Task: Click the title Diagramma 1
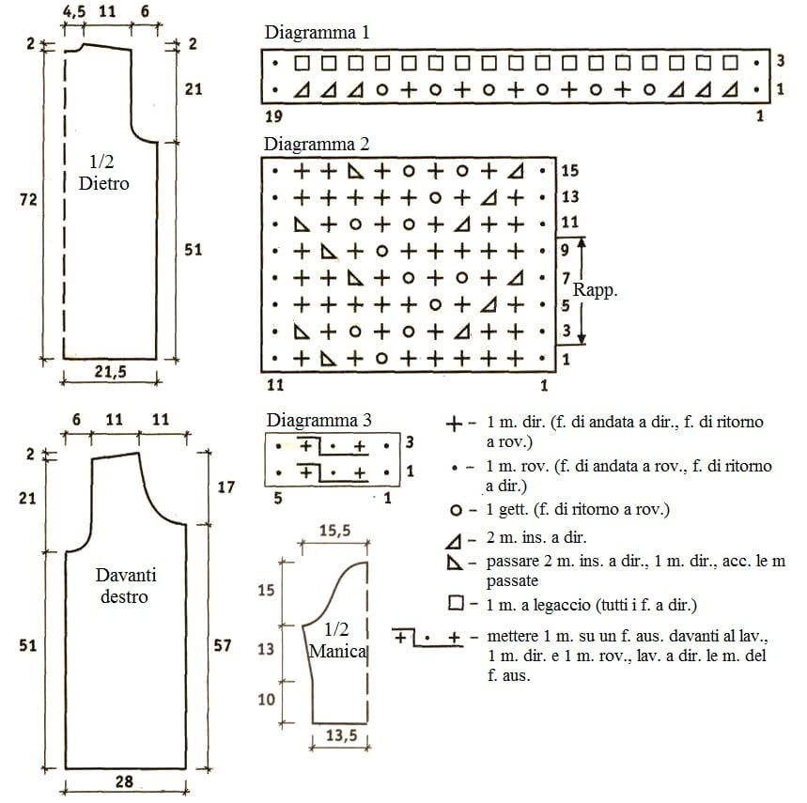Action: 317,33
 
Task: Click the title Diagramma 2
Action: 317,144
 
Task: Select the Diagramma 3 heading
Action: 318,420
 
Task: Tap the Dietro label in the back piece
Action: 104,184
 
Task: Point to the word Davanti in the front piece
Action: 126,575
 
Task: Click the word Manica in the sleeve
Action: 337,651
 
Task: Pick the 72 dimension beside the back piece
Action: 29,199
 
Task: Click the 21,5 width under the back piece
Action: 110,371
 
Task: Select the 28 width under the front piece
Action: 124,781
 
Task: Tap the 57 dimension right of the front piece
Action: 223,645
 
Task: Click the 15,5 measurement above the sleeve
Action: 334,531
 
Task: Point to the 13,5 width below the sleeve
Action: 341,735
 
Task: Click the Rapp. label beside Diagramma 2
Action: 595,290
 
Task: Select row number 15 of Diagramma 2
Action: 569,170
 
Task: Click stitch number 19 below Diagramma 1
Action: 273,116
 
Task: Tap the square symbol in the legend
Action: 456,603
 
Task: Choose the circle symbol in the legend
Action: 456,510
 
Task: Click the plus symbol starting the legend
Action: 454,425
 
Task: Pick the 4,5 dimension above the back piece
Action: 74,11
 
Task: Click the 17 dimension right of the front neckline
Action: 225,486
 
